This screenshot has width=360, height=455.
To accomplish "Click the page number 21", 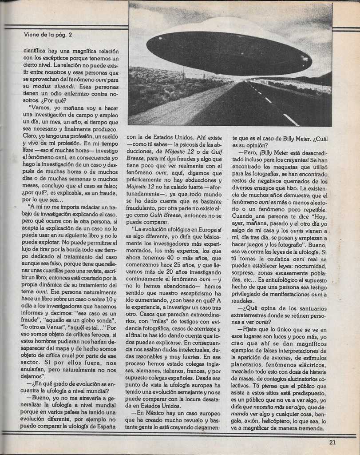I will (x=333, y=442).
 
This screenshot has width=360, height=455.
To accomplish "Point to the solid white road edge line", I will (x=291, y=119).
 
